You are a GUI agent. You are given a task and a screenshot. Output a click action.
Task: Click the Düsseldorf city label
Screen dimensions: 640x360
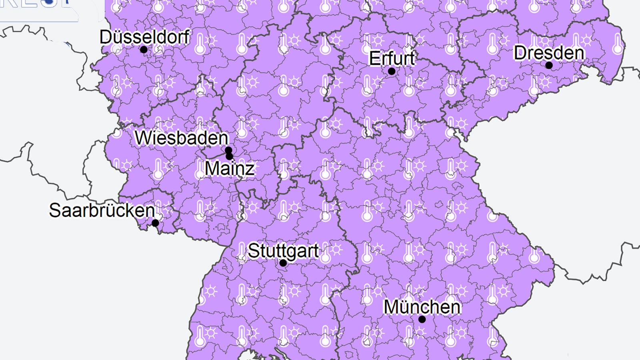pyautogui.click(x=144, y=37)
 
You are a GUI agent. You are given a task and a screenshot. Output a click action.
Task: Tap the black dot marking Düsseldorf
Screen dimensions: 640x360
pyautogui.click(x=144, y=50)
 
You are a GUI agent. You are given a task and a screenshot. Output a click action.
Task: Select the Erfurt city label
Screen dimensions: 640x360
pyautogui.click(x=392, y=58)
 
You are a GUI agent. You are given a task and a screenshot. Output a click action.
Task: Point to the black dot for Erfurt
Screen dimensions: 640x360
pyautogui.click(x=392, y=71)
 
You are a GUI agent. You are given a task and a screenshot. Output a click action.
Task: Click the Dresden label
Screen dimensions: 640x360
pyautogui.click(x=548, y=53)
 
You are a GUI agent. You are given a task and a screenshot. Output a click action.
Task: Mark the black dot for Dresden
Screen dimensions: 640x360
pyautogui.click(x=549, y=65)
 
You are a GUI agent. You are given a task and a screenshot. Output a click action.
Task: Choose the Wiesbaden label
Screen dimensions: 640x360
pyautogui.click(x=181, y=138)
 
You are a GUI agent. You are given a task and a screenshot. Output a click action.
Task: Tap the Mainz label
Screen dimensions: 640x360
pyautogui.click(x=230, y=168)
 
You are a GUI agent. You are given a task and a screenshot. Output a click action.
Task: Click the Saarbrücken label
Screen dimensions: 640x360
pyautogui.click(x=102, y=210)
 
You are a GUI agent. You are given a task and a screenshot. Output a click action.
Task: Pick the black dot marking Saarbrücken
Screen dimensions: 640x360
pyautogui.click(x=155, y=223)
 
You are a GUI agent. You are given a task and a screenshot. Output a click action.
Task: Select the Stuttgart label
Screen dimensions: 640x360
pyautogui.click(x=283, y=251)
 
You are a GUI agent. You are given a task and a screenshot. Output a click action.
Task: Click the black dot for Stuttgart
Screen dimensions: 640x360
pyautogui.click(x=283, y=263)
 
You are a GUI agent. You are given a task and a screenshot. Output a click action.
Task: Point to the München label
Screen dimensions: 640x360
pyautogui.click(x=422, y=307)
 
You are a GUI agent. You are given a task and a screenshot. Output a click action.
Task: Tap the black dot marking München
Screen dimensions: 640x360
pyautogui.click(x=422, y=319)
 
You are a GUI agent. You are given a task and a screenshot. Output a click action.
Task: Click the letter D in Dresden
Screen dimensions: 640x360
pyautogui.click(x=520, y=53)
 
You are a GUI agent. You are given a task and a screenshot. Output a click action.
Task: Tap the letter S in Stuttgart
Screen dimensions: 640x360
pyautogui.click(x=253, y=251)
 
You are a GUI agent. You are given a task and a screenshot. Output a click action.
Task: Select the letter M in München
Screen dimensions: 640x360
pyautogui.click(x=391, y=307)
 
